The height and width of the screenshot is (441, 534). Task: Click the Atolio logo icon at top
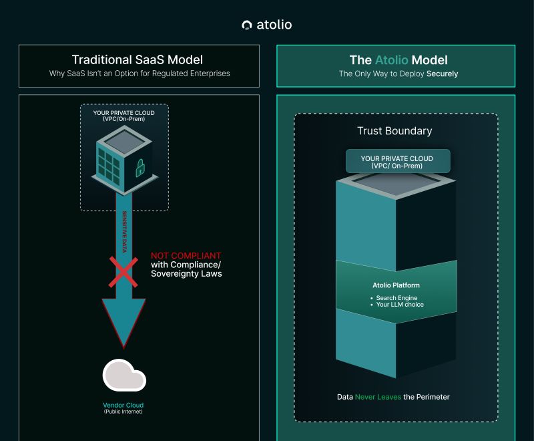[x=247, y=25]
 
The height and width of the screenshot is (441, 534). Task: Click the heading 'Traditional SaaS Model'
[x=138, y=59]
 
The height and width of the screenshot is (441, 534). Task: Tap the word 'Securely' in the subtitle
[x=442, y=73]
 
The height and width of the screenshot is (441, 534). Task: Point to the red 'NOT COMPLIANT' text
[x=186, y=256]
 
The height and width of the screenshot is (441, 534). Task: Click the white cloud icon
[x=124, y=376]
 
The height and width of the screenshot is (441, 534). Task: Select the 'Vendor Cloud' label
[x=123, y=406]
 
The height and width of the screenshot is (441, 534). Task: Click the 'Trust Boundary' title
[x=394, y=131]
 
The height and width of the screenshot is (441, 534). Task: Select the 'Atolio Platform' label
[x=396, y=285]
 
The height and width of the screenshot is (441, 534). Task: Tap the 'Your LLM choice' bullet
[x=400, y=305]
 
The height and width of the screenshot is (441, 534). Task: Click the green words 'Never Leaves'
[x=378, y=397]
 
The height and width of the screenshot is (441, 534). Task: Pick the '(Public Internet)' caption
[x=123, y=412]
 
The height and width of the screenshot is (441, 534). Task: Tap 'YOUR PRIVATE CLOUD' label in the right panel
[x=396, y=159]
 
